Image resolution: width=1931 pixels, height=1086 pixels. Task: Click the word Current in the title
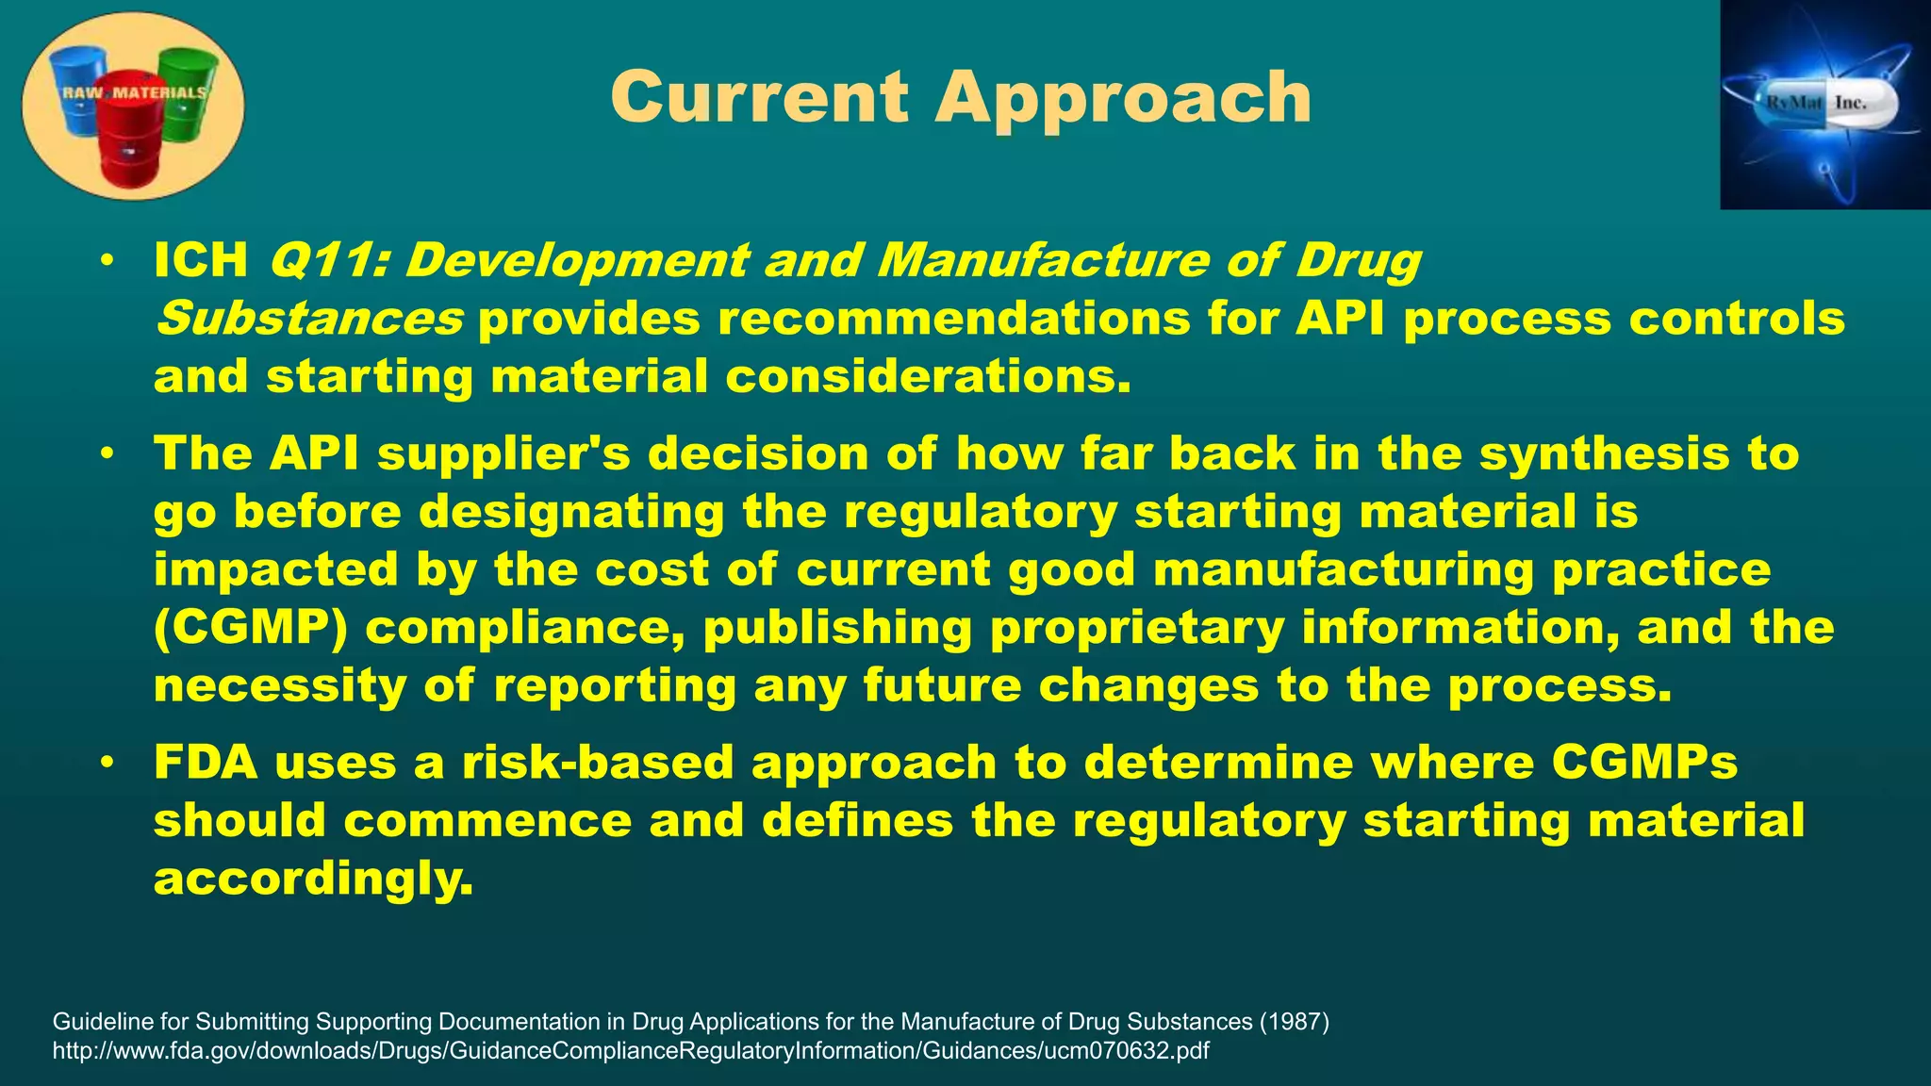(x=759, y=97)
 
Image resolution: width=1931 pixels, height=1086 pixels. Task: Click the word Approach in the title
(x=1122, y=99)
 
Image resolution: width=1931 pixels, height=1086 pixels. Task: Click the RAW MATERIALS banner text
(x=133, y=92)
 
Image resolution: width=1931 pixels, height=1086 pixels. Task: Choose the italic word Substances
(x=309, y=319)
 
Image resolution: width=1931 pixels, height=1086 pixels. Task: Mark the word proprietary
(x=1136, y=628)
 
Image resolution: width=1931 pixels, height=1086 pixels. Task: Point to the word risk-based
(x=597, y=762)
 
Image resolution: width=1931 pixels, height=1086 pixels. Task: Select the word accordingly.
(x=313, y=879)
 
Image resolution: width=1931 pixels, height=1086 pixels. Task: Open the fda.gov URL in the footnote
(x=630, y=1050)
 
